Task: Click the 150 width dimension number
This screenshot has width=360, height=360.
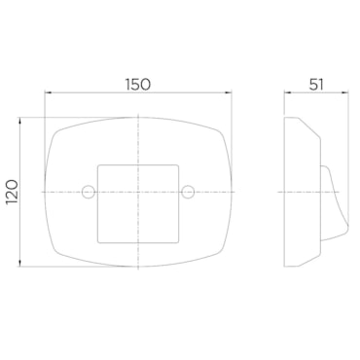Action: coord(138,85)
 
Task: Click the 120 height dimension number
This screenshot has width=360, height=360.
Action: coord(12,192)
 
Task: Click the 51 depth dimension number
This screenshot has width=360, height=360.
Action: coord(316,85)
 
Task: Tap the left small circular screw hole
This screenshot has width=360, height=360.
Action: coord(89,192)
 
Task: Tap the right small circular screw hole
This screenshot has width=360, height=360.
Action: coord(188,192)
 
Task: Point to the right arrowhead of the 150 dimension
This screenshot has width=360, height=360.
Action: coord(229,92)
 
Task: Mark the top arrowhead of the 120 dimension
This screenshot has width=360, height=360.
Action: coord(20,122)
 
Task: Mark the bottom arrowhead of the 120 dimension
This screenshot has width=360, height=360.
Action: coord(20,263)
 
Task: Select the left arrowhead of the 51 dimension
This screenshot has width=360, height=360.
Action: coord(288,92)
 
